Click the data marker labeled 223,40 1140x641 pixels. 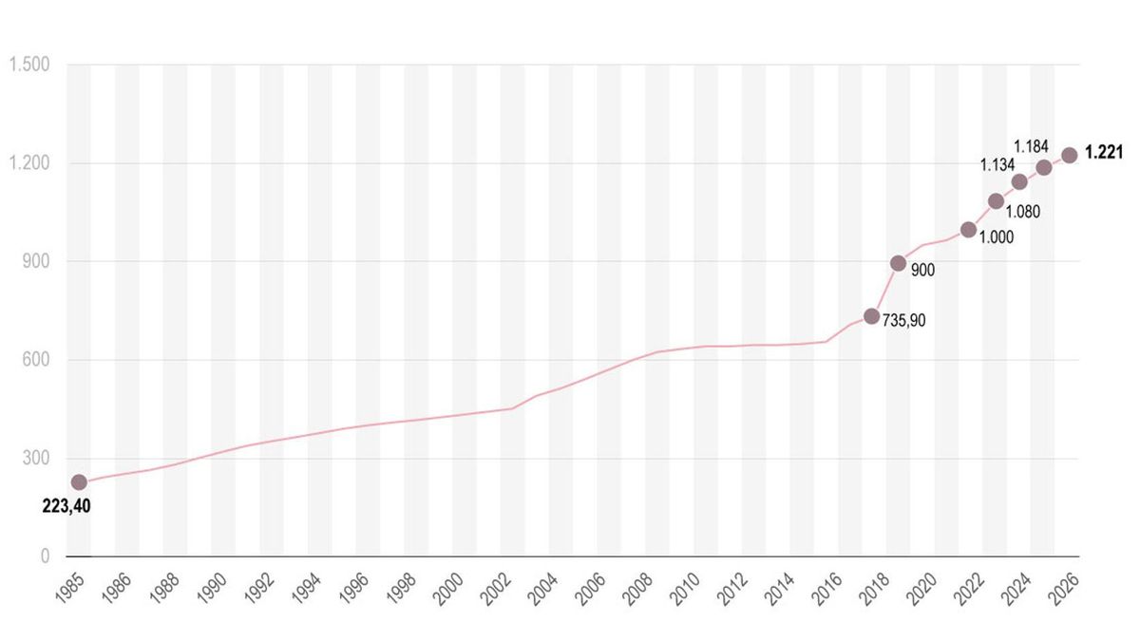click(x=79, y=482)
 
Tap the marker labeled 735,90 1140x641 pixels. click(x=871, y=315)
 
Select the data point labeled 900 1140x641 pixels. click(x=898, y=263)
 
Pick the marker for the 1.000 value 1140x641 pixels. click(x=968, y=229)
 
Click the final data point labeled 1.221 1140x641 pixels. click(x=1069, y=155)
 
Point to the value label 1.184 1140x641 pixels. click(x=1031, y=146)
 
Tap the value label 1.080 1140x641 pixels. click(x=1022, y=212)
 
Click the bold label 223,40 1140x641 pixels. click(x=66, y=506)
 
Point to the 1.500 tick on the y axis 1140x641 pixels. click(x=28, y=65)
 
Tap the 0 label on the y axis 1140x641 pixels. click(x=44, y=556)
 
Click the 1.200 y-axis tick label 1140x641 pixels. click(x=28, y=163)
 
